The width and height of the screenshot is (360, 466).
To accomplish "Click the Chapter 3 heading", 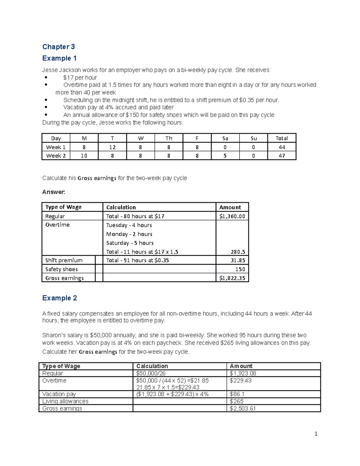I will [58, 47].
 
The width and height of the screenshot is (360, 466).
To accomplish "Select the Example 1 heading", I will [59, 58].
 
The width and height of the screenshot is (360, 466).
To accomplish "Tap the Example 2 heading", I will [59, 298].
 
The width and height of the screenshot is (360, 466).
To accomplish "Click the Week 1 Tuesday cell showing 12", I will [112, 147].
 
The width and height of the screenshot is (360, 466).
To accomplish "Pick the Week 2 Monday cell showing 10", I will [84, 156].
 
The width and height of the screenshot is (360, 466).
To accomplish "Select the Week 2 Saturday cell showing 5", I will [225, 156].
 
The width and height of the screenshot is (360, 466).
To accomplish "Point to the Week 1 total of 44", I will [282, 147].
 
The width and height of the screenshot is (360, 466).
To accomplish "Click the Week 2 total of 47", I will [282, 156].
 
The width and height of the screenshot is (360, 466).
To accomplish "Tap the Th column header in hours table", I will [169, 138].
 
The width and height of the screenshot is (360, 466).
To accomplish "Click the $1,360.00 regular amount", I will [232, 216].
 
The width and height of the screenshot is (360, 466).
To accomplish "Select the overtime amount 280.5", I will [238, 252].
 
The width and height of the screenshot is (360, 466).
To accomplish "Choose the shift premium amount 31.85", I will [238, 260].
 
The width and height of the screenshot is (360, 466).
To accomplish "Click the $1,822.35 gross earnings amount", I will [232, 278].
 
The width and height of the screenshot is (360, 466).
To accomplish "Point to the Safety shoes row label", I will [61, 269].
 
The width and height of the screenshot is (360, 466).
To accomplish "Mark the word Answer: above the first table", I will [54, 192].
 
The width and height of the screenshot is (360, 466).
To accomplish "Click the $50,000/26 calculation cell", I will [151, 373].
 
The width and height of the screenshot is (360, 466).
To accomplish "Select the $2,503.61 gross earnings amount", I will [243, 408].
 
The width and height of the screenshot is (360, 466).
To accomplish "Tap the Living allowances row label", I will [65, 401].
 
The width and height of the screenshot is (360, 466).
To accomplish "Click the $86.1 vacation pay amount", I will [237, 394].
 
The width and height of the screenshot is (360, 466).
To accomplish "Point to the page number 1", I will [316, 434].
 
